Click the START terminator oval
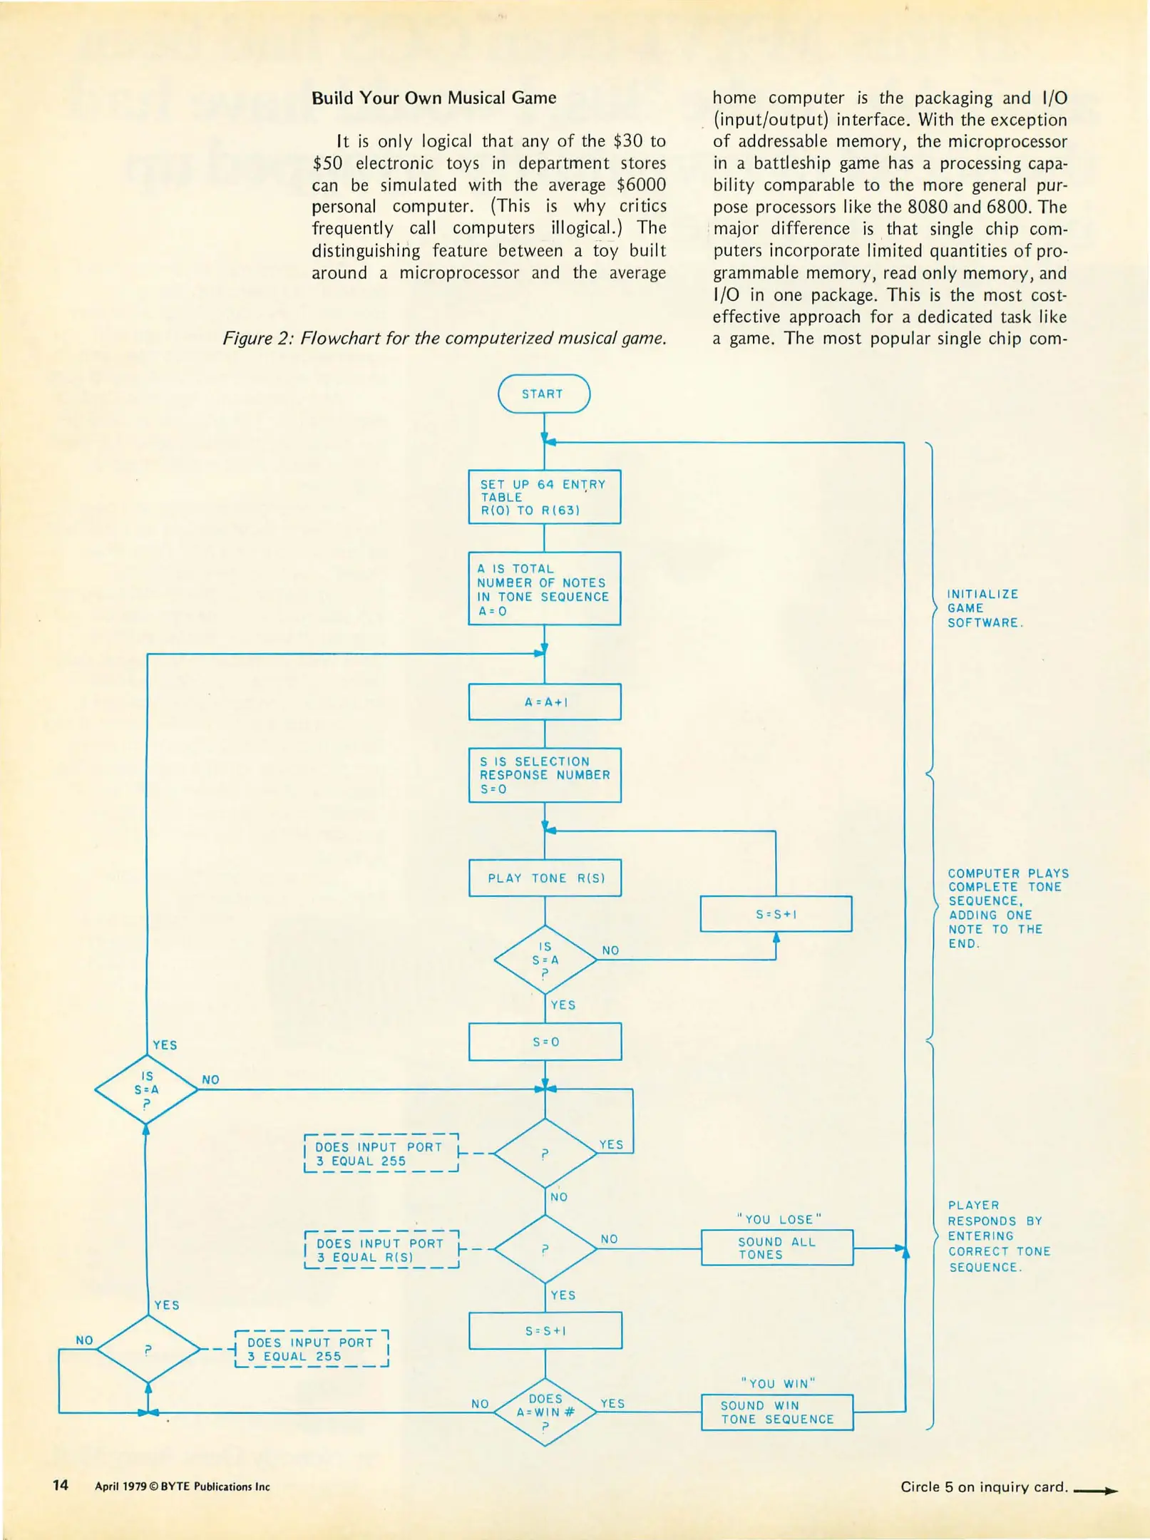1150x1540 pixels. (x=544, y=394)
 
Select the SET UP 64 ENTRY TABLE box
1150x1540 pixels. (x=544, y=497)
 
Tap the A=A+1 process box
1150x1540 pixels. (x=545, y=702)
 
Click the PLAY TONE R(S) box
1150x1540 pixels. (x=545, y=878)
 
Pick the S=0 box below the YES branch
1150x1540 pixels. (x=545, y=1042)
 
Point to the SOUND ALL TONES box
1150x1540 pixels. (x=776, y=1248)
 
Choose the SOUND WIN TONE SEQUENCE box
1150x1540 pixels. (x=776, y=1412)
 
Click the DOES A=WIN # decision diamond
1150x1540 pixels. (x=545, y=1412)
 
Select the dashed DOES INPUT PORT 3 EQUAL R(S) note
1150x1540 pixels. (x=381, y=1250)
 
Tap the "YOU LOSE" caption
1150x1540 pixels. (x=779, y=1219)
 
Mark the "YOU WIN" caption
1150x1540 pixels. (x=777, y=1383)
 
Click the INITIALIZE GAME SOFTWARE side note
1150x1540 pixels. (x=984, y=608)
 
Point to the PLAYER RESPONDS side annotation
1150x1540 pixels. (x=998, y=1236)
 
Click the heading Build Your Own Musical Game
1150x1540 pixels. (x=433, y=98)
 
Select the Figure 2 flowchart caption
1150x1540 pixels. (x=444, y=338)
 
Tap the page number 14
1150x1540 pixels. (x=61, y=1485)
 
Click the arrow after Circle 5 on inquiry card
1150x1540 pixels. (x=1095, y=1490)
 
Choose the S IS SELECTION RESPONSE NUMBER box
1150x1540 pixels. (x=545, y=775)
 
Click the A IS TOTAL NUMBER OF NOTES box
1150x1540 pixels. (x=544, y=589)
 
